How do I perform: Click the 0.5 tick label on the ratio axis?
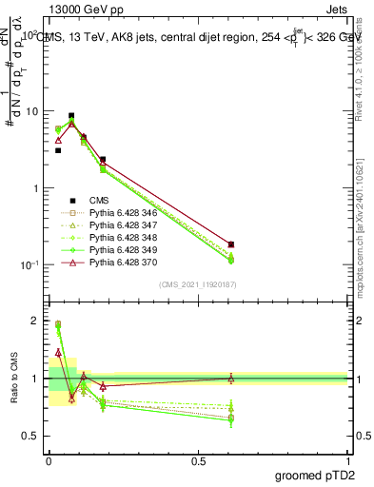tap(30, 437)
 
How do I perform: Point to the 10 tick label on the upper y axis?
tap(30, 111)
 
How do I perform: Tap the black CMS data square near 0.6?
tap(231, 244)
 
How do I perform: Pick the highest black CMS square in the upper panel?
tap(71, 116)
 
